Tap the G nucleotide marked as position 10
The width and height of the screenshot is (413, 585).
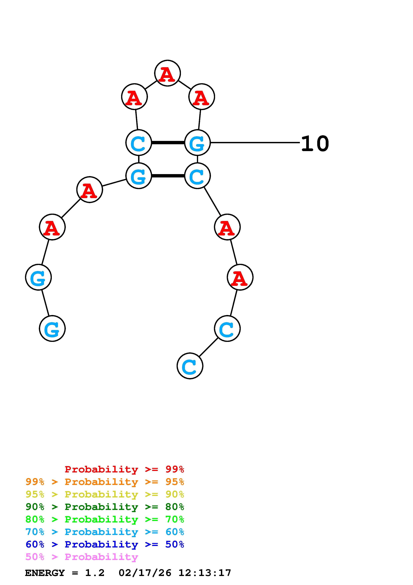click(x=197, y=143)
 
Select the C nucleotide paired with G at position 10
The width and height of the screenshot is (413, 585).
click(x=139, y=143)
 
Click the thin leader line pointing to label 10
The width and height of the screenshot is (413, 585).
click(x=254, y=143)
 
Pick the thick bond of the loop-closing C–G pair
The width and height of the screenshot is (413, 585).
click(x=168, y=143)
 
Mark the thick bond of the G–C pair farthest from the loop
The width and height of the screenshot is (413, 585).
click(x=168, y=176)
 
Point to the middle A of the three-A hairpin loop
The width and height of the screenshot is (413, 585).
click(x=167, y=73)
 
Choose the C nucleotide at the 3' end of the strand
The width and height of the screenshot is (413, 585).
click(x=190, y=366)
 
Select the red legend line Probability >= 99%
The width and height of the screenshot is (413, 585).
click(x=124, y=469)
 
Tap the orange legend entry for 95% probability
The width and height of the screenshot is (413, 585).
click(x=105, y=482)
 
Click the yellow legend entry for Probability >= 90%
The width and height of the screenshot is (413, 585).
click(x=105, y=494)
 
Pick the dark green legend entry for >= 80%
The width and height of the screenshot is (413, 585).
click(x=105, y=507)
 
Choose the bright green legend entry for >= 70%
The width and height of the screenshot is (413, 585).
click(x=105, y=519)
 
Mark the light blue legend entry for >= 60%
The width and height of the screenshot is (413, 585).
click(x=105, y=532)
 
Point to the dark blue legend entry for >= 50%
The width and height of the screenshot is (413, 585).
click(x=105, y=544)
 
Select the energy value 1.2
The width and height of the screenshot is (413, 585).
click(x=95, y=573)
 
